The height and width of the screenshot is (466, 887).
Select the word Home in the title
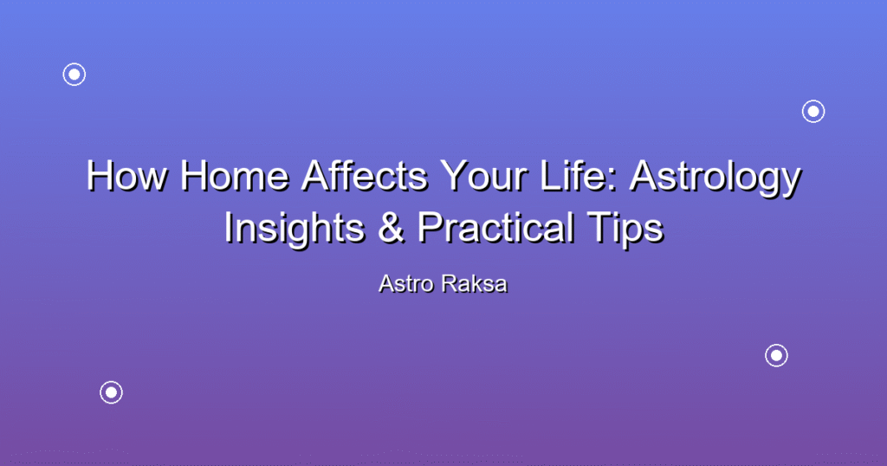235,176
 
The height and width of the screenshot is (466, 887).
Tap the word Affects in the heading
365,176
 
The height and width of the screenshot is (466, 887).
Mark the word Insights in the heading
295,229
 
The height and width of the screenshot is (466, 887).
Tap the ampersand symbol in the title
391,227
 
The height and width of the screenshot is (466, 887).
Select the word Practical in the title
495,227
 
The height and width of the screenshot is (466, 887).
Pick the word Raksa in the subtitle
475,284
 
